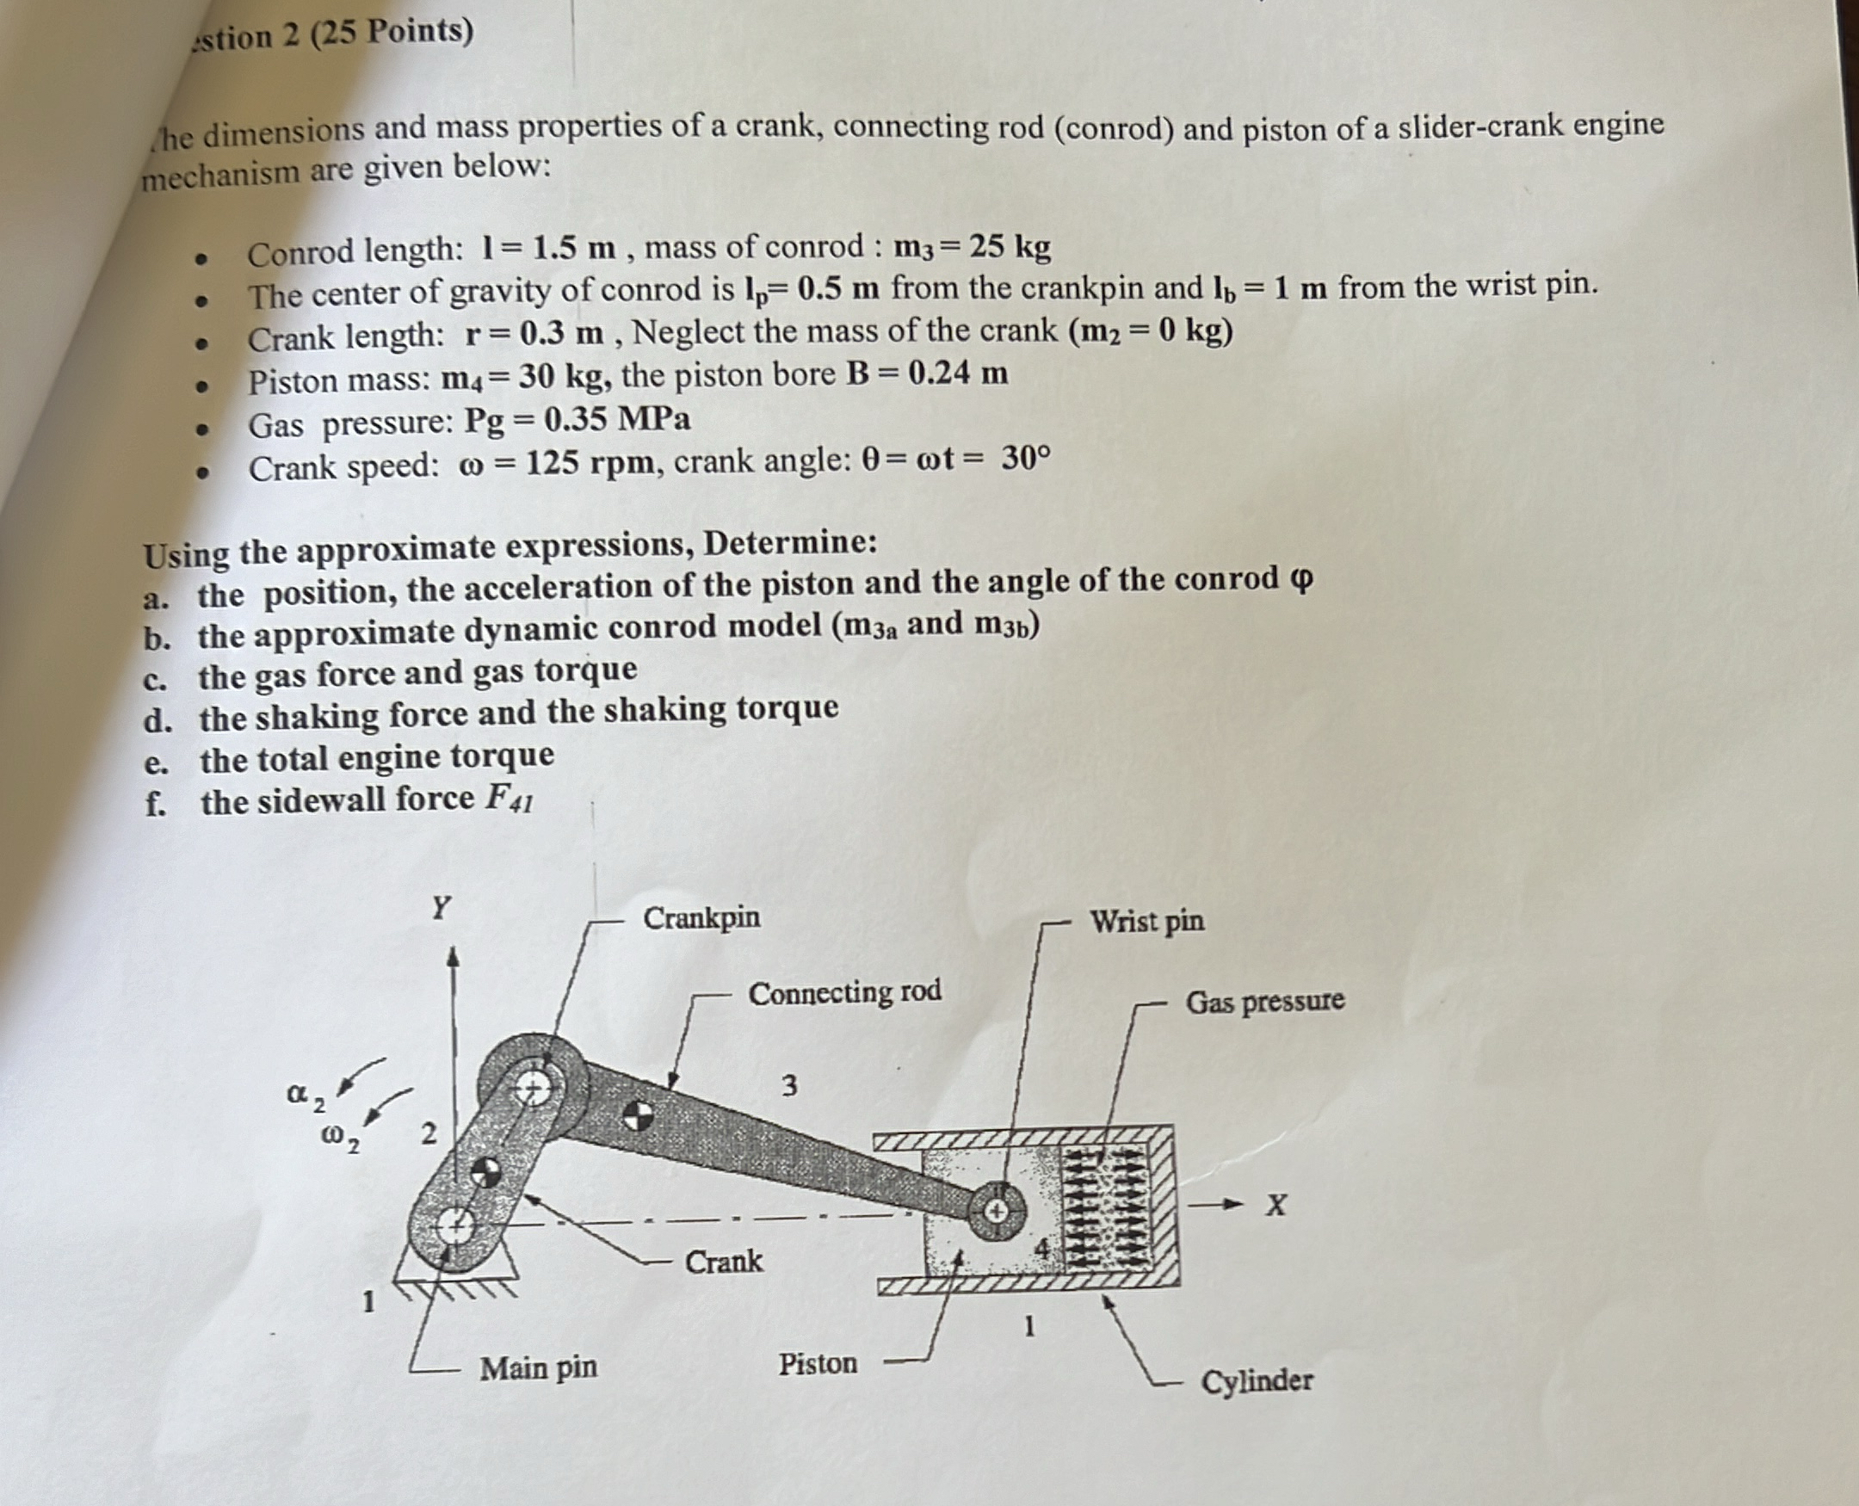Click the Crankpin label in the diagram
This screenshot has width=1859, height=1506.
(x=701, y=918)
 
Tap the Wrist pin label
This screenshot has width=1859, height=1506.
(x=1146, y=922)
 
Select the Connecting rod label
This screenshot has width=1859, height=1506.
(x=844, y=992)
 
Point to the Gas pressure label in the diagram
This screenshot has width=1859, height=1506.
(x=1265, y=1002)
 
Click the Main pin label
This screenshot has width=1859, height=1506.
(x=539, y=1368)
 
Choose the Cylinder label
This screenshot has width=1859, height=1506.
(x=1256, y=1380)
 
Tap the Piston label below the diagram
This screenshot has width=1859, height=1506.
(x=817, y=1364)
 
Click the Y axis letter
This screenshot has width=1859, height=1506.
(x=441, y=908)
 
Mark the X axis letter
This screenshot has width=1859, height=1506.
(x=1275, y=1205)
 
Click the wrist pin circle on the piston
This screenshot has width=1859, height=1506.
(x=997, y=1208)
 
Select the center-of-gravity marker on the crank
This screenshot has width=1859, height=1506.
(x=485, y=1173)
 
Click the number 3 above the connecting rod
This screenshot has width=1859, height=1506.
(x=788, y=1085)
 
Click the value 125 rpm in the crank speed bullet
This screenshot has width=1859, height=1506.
(x=590, y=464)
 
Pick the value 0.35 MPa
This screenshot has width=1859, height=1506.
(x=617, y=421)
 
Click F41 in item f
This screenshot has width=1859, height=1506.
(x=508, y=799)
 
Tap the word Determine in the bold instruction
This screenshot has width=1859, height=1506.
(x=788, y=544)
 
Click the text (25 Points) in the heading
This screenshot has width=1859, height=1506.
(x=392, y=33)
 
